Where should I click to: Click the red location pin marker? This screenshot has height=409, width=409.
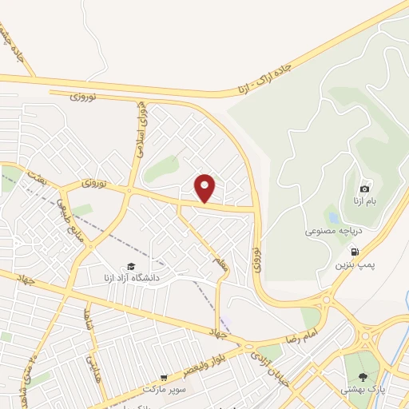tap(205, 188)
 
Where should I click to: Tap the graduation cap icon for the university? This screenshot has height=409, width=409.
tap(130, 266)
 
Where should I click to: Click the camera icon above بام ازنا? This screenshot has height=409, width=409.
tap(365, 189)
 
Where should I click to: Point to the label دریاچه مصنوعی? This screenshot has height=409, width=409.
tap(334, 230)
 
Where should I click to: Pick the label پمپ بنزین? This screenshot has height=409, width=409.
tap(354, 263)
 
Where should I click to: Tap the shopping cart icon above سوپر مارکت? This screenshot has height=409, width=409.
tap(164, 377)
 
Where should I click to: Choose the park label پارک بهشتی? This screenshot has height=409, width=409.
tap(364, 389)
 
